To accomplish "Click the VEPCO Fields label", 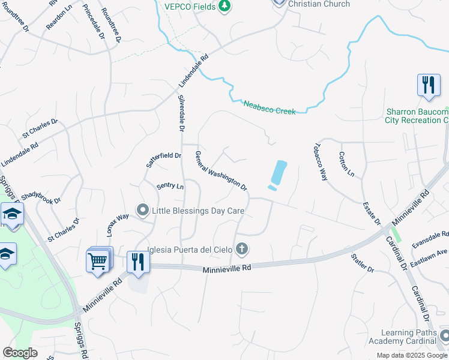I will click(x=190, y=6).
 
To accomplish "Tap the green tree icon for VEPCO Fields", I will click(x=224, y=6).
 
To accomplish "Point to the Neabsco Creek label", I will click(x=270, y=107).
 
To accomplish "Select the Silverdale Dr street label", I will click(x=181, y=113).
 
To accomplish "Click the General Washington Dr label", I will click(x=221, y=170).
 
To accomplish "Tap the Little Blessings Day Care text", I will click(x=198, y=211).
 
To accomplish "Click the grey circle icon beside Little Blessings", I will click(x=143, y=211).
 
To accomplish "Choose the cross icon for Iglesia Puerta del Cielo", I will click(x=242, y=248).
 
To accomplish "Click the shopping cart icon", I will click(x=98, y=261).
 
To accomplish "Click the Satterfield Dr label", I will click(x=164, y=160).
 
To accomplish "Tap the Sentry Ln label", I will click(x=170, y=186).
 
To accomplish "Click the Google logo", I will click(x=20, y=353).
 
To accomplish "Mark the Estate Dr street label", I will click(x=372, y=214).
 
